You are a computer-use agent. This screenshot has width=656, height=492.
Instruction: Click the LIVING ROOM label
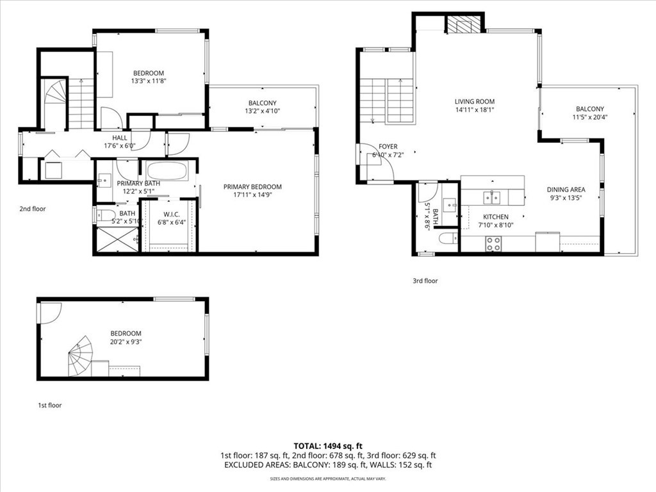474,101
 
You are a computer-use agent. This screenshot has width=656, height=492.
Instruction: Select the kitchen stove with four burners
493,243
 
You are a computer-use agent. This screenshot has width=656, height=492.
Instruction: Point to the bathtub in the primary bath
167,171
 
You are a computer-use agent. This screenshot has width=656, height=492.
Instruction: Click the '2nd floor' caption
33,208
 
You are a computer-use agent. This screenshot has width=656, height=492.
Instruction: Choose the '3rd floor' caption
425,280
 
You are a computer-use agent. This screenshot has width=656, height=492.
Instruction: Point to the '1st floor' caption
49,405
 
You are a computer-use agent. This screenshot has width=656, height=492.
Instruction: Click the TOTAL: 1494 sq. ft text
328,445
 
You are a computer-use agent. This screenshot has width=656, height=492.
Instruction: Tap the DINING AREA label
566,190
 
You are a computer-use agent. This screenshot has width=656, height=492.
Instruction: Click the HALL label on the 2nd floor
120,138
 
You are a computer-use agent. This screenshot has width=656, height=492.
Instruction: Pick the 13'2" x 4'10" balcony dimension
262,111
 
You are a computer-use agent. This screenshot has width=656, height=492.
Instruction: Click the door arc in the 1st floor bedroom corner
49,312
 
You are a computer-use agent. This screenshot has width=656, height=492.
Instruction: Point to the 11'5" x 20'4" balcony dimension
589,117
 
